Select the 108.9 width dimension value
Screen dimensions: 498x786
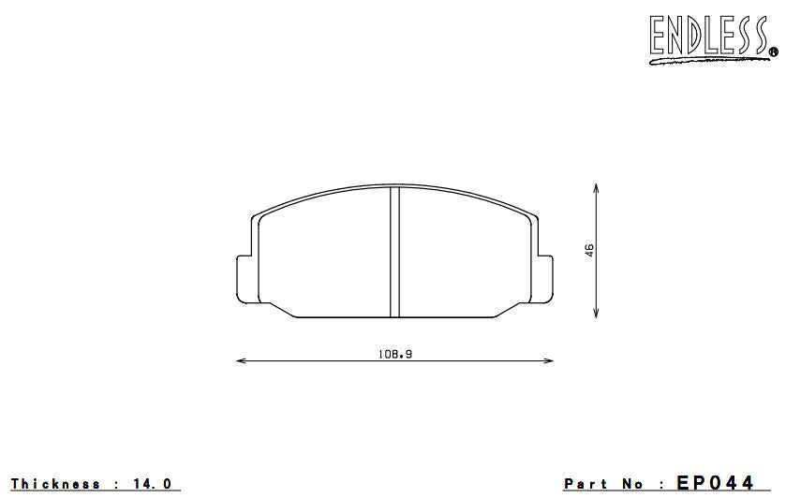click(394, 354)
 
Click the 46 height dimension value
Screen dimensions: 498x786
click(589, 250)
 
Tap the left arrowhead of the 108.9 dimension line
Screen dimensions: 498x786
click(240, 360)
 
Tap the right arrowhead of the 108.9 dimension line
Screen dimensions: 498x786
click(549, 360)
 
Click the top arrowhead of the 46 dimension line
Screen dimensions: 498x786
click(597, 188)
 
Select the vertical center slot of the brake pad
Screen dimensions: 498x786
click(394, 251)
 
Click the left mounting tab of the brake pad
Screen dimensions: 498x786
click(241, 277)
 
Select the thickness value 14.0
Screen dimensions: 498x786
click(152, 484)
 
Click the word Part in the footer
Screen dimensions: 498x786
click(586, 484)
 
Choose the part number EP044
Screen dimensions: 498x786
click(715, 483)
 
